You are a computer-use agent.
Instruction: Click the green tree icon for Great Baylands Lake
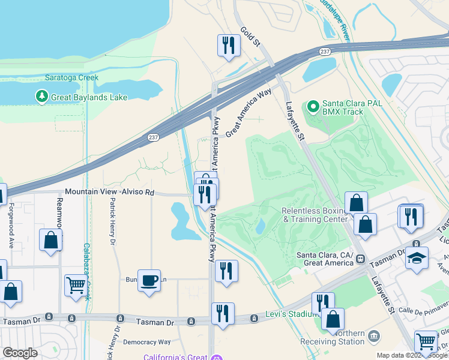41,97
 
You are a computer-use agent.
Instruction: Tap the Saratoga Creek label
71,78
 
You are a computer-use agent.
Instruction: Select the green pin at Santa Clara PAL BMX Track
312,107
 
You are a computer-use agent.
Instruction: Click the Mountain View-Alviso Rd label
109,192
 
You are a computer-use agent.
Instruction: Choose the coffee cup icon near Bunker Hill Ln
149,280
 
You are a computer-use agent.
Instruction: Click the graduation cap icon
417,258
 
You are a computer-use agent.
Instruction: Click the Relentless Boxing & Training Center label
315,215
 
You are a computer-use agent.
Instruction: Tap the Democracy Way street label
146,343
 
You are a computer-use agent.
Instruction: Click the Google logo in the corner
20,352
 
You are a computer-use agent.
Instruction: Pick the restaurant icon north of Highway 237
228,46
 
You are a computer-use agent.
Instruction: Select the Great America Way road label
249,113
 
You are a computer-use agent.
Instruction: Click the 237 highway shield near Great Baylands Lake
153,137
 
